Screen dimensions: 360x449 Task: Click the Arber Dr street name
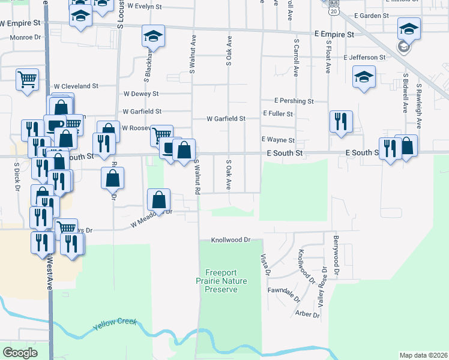pos(307,314)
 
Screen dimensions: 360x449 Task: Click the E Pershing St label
pos(294,101)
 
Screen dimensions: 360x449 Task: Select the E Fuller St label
pos(277,114)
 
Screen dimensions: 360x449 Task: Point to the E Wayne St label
pos(277,140)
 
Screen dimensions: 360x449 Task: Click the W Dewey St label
pos(140,94)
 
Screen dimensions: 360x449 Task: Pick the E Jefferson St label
pos(365,58)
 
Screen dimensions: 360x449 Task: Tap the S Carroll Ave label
pos(296,59)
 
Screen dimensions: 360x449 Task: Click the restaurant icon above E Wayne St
pos(340,121)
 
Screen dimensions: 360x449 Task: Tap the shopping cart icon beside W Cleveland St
pos(27,79)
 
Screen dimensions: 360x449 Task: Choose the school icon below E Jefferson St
pos(363,78)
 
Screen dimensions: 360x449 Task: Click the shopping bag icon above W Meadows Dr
pos(159,199)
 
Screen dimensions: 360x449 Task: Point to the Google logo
pos(20,353)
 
